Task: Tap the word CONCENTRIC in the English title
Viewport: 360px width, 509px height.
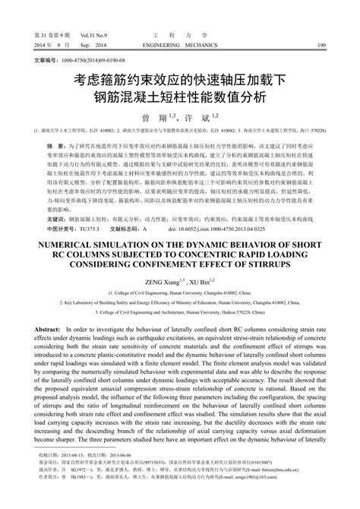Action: [228, 236]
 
